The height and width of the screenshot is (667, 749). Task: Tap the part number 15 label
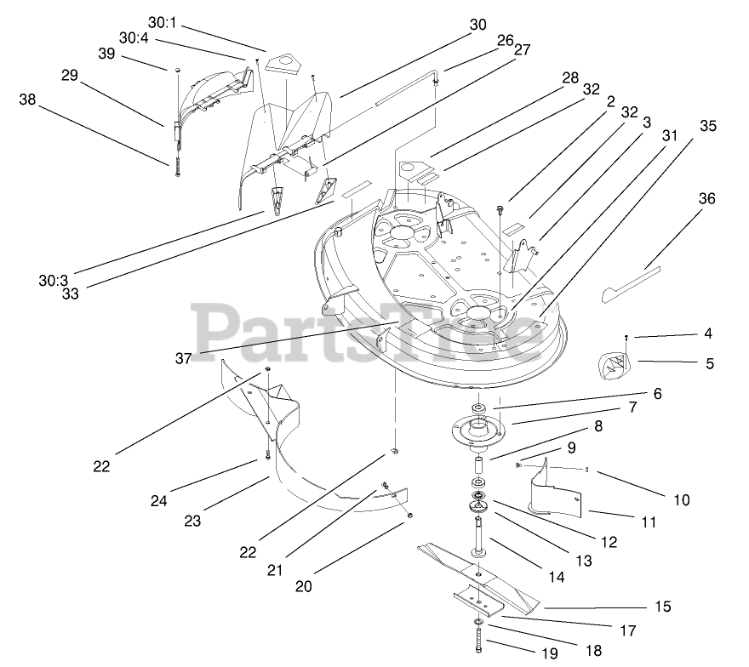coord(663,607)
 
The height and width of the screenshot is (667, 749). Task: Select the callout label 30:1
coord(160,21)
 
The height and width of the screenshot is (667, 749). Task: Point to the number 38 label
coord(28,99)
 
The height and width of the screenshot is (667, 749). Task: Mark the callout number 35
coord(708,126)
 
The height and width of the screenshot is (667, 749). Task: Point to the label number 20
coord(304,586)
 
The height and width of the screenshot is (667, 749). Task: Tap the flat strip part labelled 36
coord(630,284)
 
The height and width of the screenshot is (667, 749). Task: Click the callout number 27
coord(522,49)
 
